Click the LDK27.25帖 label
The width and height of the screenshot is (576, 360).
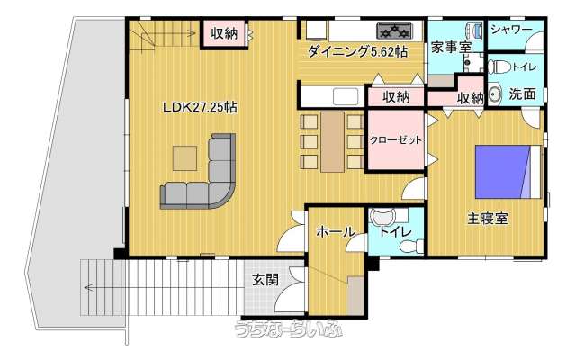200,107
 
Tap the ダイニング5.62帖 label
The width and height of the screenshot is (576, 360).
357,52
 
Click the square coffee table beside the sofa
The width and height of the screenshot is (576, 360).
184,158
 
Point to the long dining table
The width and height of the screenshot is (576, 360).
332,142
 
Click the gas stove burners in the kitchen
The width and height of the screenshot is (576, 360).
395,30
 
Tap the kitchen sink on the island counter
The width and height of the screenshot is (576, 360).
346,96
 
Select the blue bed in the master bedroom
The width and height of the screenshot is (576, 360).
508,172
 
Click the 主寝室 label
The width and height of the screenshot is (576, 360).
488,219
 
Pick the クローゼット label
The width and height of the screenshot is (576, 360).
395,140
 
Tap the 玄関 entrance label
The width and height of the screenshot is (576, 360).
265,280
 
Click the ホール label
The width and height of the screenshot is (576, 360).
336,232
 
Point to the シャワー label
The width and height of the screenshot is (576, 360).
511,30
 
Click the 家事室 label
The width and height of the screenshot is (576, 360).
451,47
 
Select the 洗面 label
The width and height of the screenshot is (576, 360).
522,94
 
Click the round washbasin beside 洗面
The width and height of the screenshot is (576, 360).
495,94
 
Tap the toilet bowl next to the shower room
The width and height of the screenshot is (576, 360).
499,67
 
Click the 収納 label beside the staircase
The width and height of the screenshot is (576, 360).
224,34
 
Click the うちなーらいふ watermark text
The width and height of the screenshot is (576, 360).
289,328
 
